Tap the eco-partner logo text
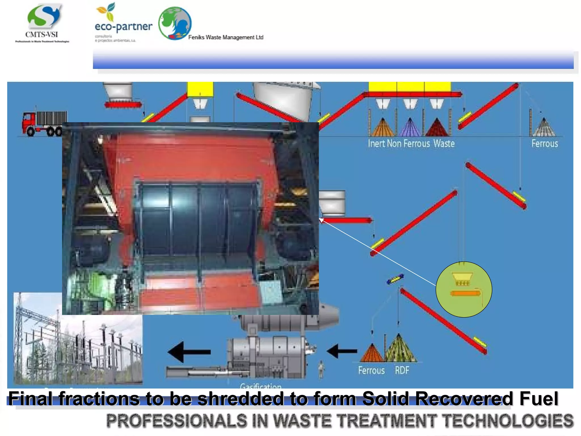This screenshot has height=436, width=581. pos(123,27)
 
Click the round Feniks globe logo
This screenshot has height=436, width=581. pos(175,23)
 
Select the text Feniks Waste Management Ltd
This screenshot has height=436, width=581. pos(226,37)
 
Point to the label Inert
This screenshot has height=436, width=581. pos(376,144)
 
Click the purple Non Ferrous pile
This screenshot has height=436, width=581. pos(410,128)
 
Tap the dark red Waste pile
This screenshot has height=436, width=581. pos(437,128)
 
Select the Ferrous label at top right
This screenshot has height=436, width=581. pos(545,144)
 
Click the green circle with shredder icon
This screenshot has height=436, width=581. pos(464,289)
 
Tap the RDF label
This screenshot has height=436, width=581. pos(402,370)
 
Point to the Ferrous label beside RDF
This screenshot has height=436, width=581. pos(371,370)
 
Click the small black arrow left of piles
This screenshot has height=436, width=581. pos(342,351)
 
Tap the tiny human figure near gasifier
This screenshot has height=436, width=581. pos(321,369)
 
